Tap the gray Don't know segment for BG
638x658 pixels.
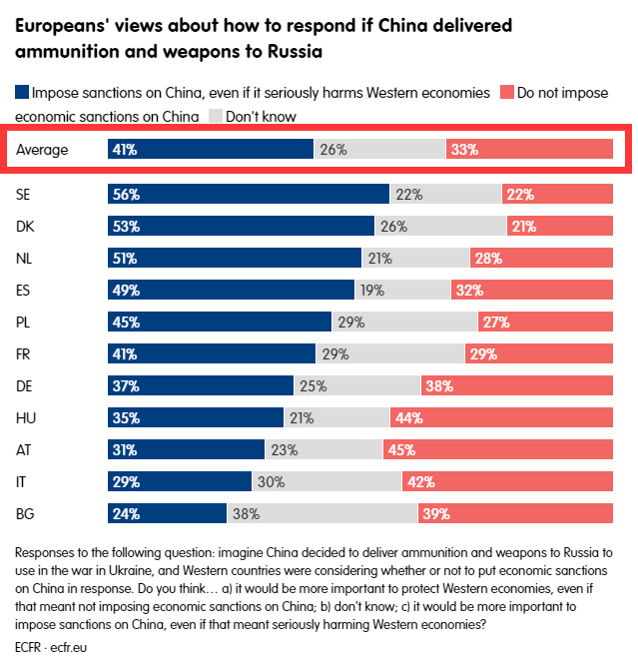(321, 514)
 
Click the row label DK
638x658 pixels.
(26, 227)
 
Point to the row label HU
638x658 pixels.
(26, 418)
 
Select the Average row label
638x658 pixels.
(42, 150)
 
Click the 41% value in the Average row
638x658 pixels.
(125, 150)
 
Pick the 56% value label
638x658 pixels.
(126, 195)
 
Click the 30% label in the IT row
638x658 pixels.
(271, 482)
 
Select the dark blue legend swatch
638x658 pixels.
(22, 93)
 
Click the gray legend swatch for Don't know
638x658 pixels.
(215, 117)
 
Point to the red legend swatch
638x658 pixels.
(506, 93)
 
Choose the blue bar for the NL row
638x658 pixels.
(234, 259)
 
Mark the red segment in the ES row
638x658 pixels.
(531, 291)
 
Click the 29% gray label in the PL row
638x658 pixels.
(350, 323)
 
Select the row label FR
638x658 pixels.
(25, 354)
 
